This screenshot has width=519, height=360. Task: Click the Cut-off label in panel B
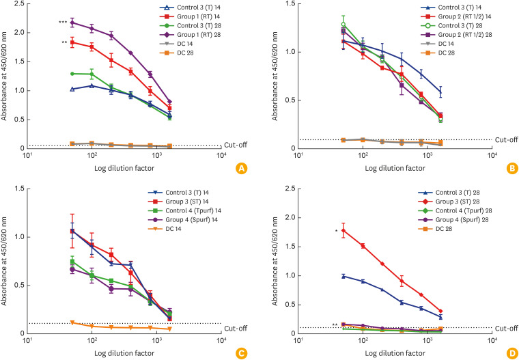506,139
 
